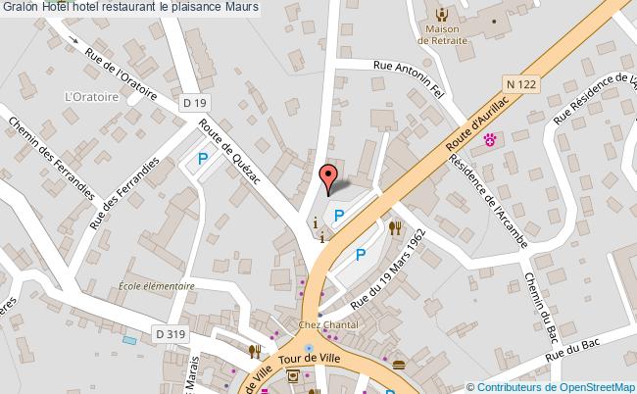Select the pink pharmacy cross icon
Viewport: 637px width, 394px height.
pos(491,141)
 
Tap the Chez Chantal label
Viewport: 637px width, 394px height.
pos(327,324)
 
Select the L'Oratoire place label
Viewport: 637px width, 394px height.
pos(91,97)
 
